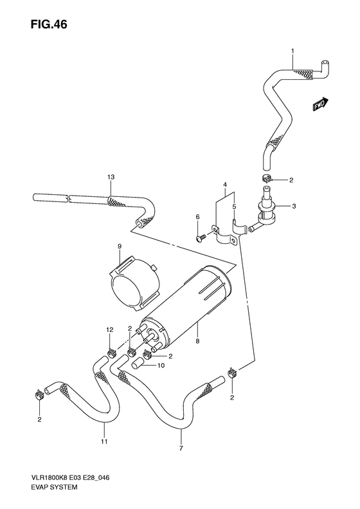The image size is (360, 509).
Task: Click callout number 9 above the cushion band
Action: coord(119,246)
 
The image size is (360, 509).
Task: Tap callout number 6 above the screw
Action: coord(197,217)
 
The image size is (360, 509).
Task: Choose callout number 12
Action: coord(111,329)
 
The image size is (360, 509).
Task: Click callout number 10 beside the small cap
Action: coord(161,367)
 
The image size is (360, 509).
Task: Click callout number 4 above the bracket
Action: coord(226,185)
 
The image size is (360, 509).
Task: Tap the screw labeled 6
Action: coord(199,237)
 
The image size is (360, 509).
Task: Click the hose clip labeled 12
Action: coord(111,351)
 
